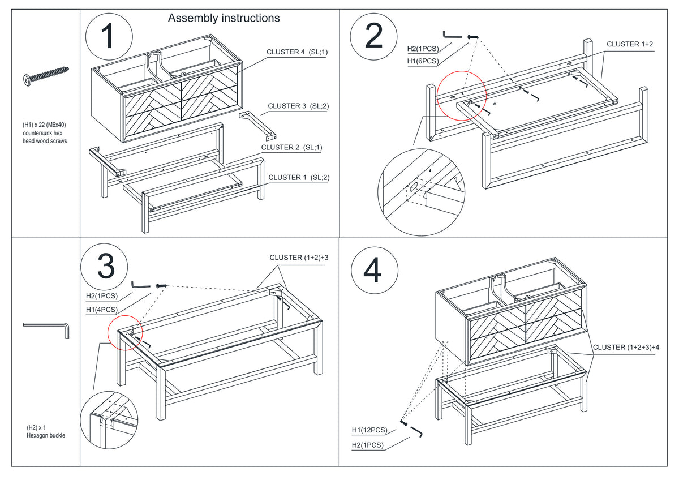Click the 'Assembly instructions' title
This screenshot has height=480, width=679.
[x=224, y=18]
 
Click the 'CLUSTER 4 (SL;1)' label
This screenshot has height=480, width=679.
[x=297, y=52]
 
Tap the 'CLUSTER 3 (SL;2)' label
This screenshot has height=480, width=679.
[x=298, y=106]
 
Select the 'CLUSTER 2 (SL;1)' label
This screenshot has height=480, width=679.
[x=291, y=147]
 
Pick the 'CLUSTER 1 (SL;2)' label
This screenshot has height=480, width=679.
[x=299, y=177]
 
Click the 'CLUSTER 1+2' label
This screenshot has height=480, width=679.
[x=630, y=44]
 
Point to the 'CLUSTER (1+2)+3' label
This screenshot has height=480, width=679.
[x=299, y=258]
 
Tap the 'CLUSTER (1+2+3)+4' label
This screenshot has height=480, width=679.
[x=626, y=347]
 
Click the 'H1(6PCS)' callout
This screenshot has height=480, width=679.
[x=423, y=61]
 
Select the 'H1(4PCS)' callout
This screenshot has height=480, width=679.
[x=102, y=310]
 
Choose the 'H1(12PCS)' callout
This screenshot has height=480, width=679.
[x=369, y=430]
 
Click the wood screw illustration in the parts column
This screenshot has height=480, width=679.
[x=46, y=76]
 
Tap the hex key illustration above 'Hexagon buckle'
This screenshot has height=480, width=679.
[x=46, y=331]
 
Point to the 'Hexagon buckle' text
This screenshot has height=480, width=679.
[x=46, y=435]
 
